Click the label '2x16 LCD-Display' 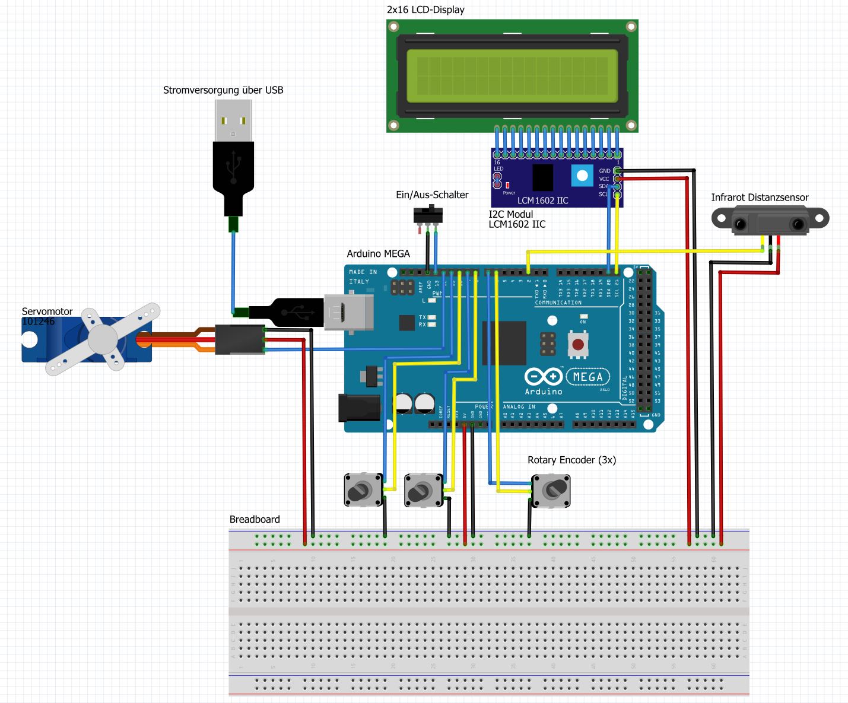425,9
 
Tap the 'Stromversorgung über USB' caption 223,90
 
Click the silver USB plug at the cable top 233,120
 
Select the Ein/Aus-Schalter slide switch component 428,214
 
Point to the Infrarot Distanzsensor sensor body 770,220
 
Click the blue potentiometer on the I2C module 582,176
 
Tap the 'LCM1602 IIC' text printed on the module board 542,201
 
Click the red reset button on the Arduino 577,345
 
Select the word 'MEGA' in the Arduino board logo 587,377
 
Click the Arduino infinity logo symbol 543,377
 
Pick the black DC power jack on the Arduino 358,408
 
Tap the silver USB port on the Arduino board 349,312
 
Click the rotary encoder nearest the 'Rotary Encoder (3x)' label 551,490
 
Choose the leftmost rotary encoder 363,490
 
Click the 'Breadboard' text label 255,519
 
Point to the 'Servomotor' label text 47,311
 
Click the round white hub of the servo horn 103,339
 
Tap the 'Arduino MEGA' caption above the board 378,253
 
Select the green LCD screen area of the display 512,76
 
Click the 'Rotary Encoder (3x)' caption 571,460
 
